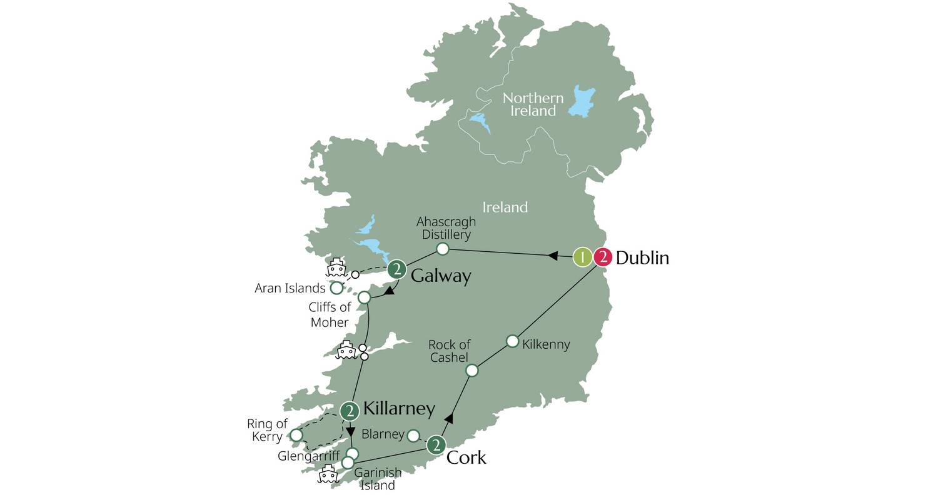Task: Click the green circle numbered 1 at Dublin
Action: pos(582,257)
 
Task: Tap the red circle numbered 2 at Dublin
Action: pos(603,257)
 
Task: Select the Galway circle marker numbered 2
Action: pos(396,269)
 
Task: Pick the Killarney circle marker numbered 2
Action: pos(350,411)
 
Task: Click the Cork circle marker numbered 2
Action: pos(436,445)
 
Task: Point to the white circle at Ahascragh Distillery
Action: pos(442,249)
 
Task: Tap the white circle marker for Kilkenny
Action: pos(512,341)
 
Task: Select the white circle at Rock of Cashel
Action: pos(472,370)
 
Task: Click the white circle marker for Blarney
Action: pos(413,435)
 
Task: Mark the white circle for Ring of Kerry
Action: pos(296,435)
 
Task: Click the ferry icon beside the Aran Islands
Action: pos(336,267)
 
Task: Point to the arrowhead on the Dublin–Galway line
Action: pos(553,255)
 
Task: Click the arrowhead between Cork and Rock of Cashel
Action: pos(448,418)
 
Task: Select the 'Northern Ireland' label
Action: pos(533,104)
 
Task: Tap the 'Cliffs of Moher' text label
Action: pos(330,314)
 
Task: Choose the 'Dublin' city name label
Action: pos(642,257)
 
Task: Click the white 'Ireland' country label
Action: pos(505,207)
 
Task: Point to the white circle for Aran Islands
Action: pos(336,288)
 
